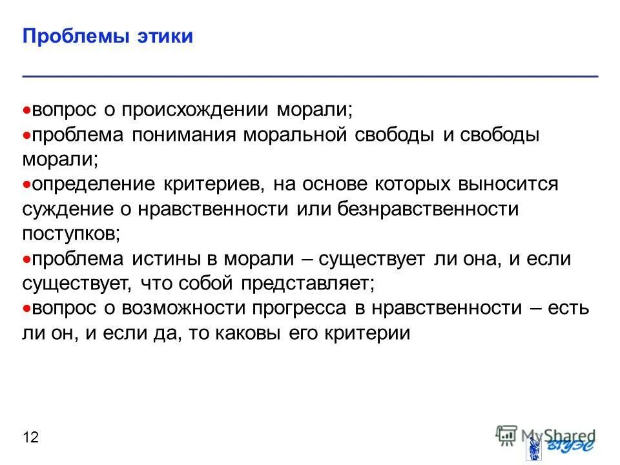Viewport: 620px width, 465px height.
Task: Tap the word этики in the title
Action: coord(164,36)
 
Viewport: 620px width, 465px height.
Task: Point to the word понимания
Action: coord(184,135)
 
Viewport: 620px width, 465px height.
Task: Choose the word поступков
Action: coord(71,234)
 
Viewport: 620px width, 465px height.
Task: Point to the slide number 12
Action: coord(30,438)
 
